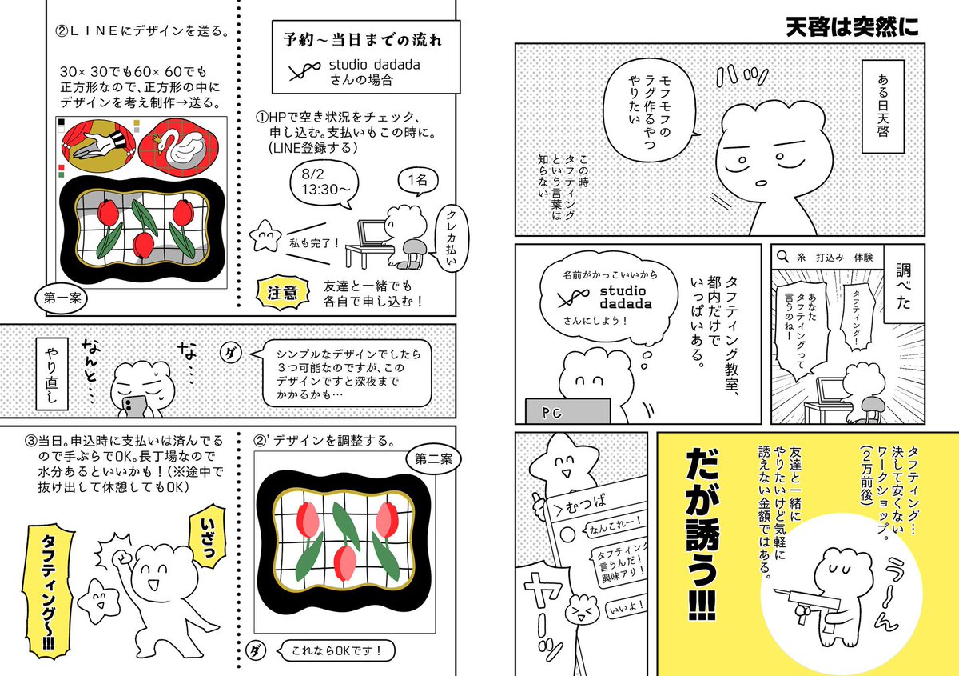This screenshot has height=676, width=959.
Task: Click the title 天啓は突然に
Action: click(852, 27)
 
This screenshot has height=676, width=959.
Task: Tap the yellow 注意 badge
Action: click(282, 292)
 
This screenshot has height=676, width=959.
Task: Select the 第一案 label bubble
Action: click(62, 298)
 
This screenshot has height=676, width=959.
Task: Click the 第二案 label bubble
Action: click(433, 459)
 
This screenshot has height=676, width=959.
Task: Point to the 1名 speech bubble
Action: click(418, 181)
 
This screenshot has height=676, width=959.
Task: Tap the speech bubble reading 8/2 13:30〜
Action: click(324, 184)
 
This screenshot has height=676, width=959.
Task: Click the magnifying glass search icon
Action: click(782, 257)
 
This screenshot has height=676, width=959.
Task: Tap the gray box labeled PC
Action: click(567, 411)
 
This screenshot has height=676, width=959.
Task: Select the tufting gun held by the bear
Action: click(807, 605)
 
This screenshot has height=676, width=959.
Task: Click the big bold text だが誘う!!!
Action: click(702, 534)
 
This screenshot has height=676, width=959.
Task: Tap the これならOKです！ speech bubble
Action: click(336, 650)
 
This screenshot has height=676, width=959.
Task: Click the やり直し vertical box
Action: click(52, 374)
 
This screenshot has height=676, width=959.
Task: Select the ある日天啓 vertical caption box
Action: click(883, 106)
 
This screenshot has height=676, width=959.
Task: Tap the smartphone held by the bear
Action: click(134, 405)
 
